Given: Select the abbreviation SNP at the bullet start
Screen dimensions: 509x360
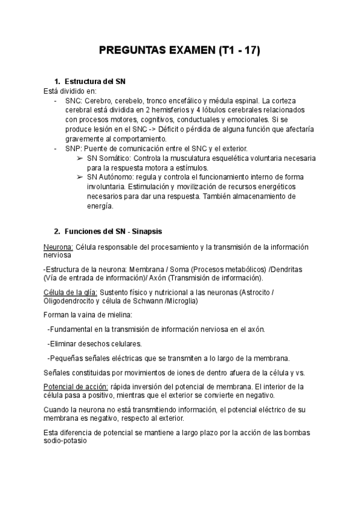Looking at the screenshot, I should (73, 148).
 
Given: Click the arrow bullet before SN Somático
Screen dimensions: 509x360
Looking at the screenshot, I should (80, 158).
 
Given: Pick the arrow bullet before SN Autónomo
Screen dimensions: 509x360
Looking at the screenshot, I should (80, 177).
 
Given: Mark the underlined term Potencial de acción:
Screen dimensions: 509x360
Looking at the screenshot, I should (76, 387).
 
